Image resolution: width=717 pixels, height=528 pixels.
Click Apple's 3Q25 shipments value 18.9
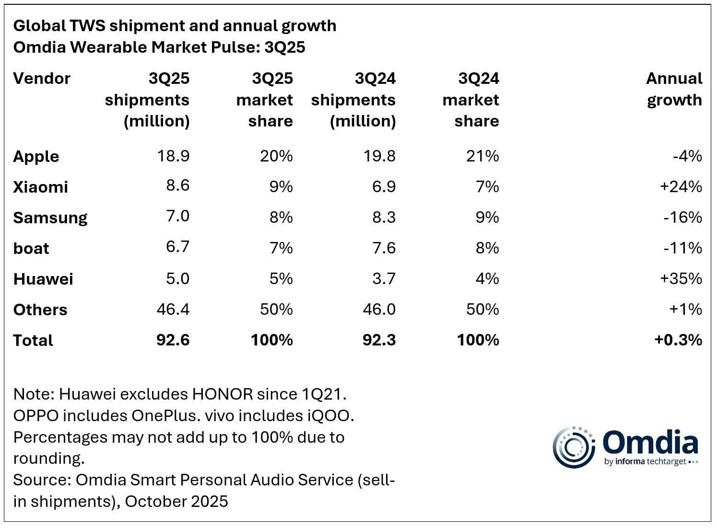pyautogui.click(x=173, y=156)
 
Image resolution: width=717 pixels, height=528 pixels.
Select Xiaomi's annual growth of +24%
pyautogui.click(x=681, y=186)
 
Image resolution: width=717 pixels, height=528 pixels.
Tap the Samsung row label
pyautogui.click(x=50, y=218)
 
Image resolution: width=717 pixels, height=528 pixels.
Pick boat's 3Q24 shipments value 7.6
pyautogui.click(x=384, y=248)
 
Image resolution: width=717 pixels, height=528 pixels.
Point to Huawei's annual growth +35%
pyautogui.click(x=681, y=278)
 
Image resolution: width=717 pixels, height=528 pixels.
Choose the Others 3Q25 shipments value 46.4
pyautogui.click(x=173, y=309)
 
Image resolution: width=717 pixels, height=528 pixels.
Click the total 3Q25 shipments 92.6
pyautogui.click(x=173, y=340)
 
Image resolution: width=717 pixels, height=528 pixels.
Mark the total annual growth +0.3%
pyautogui.click(x=678, y=340)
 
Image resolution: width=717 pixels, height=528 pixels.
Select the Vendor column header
pyautogui.click(x=42, y=78)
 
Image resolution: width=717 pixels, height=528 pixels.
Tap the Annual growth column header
pyautogui.click(x=674, y=89)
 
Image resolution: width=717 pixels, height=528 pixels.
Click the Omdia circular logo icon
pyautogui.click(x=574, y=447)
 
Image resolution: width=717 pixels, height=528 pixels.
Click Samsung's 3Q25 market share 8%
pyautogui.click(x=281, y=217)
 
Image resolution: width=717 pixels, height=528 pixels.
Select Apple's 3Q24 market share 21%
pyautogui.click(x=482, y=156)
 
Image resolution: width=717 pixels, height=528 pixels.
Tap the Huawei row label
pyautogui.click(x=43, y=279)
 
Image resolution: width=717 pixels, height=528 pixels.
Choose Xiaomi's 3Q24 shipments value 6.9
pyautogui.click(x=384, y=186)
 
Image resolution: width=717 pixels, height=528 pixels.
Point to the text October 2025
pyautogui.click(x=176, y=501)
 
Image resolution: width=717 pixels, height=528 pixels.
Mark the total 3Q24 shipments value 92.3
pyautogui.click(x=379, y=340)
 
